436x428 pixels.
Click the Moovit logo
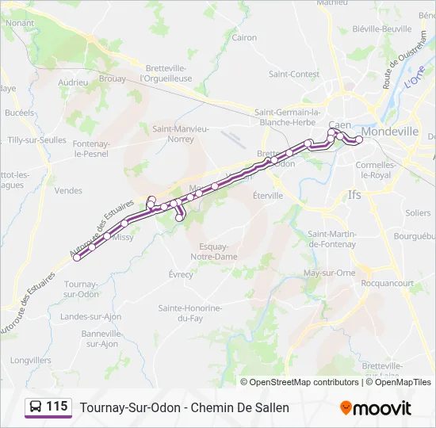pyautogui.click(x=376, y=408)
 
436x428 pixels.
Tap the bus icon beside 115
pyautogui.click(x=36, y=407)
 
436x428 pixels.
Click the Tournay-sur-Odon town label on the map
pyautogui.click(x=80, y=289)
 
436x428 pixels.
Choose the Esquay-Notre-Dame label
pyautogui.click(x=214, y=252)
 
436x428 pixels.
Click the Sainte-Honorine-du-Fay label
pyautogui.click(x=190, y=312)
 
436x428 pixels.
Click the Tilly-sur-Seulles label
pyautogui.click(x=36, y=139)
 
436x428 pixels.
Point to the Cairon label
pyautogui.click(x=244, y=37)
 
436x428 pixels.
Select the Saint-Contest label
pyautogui.click(x=293, y=75)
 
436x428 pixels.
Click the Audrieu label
pyautogui.click(x=73, y=82)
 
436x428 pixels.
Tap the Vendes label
pyautogui.click(x=68, y=190)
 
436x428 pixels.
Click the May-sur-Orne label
pyautogui.click(x=329, y=273)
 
